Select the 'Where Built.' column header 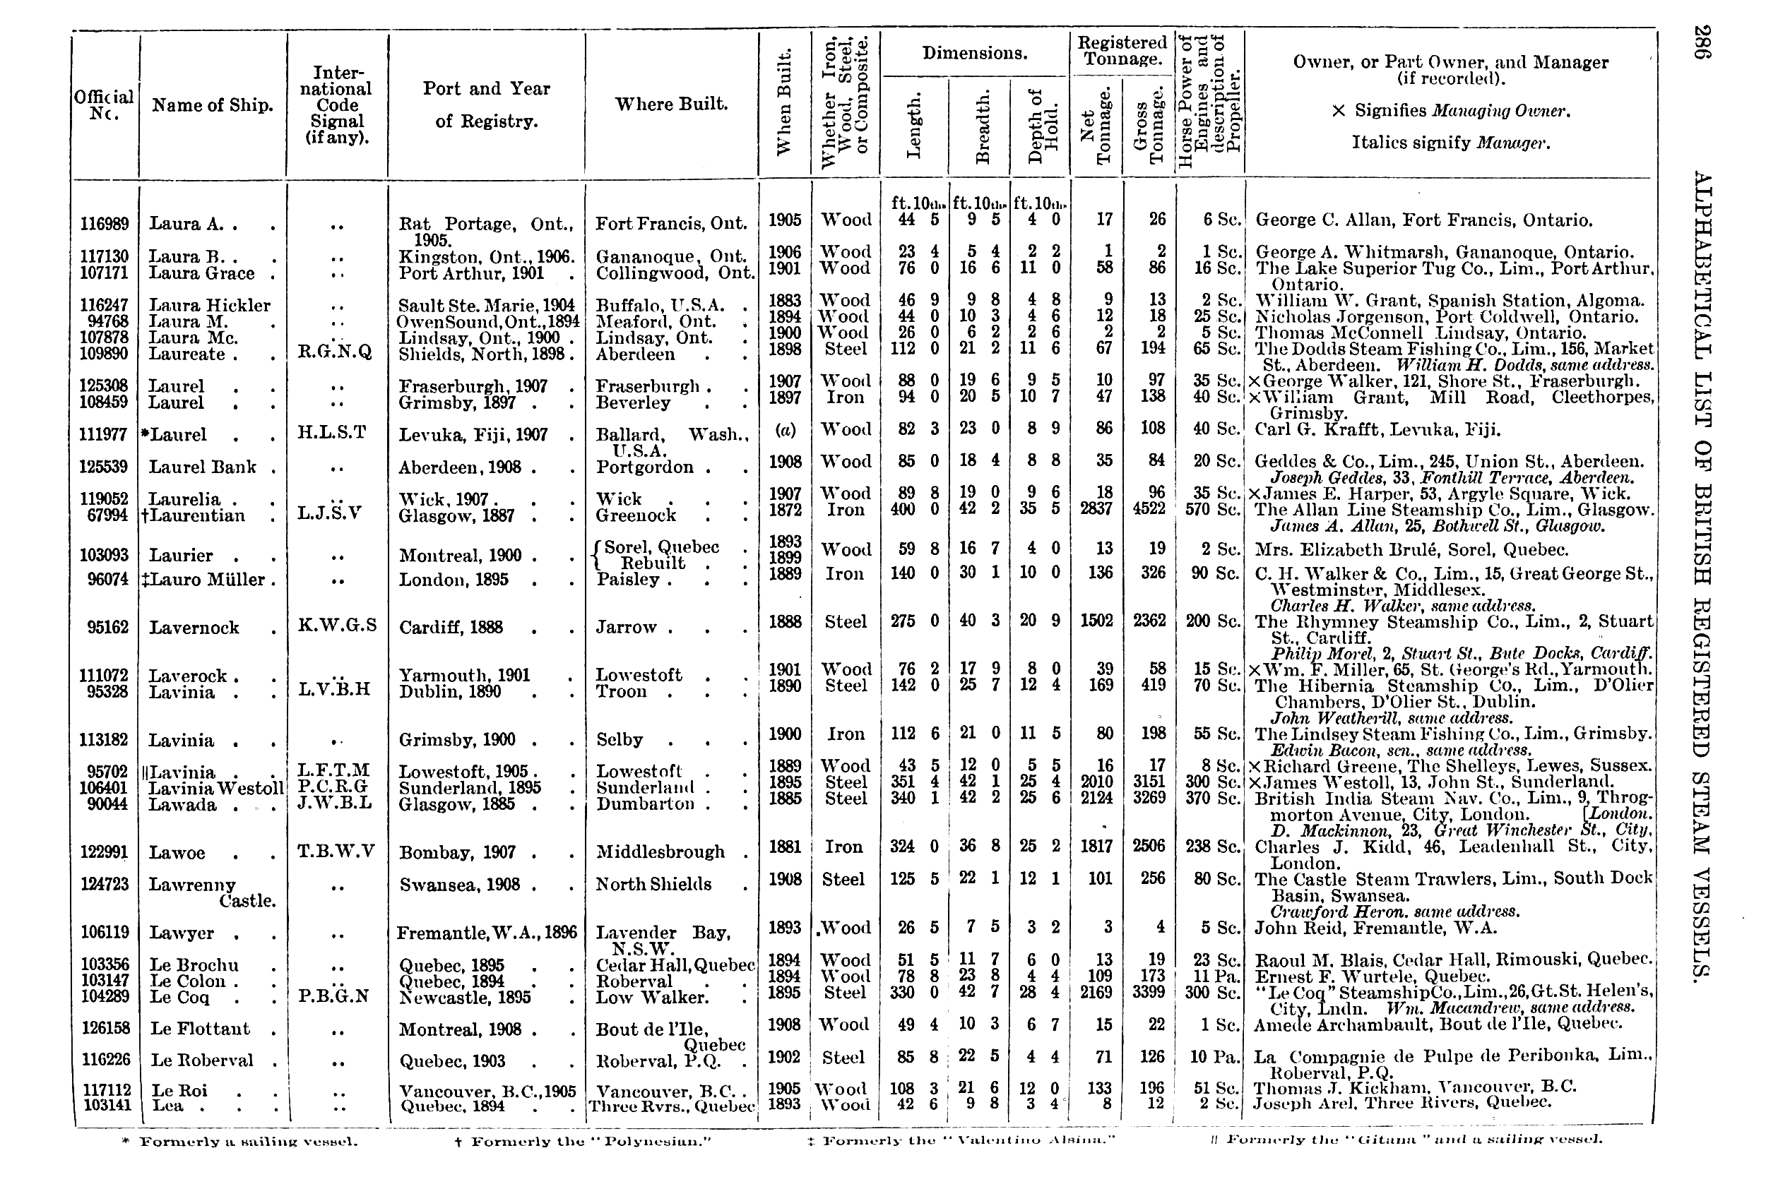coord(671,104)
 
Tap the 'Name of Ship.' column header coord(213,105)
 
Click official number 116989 coord(105,224)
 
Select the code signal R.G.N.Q coord(335,352)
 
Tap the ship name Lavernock coord(194,628)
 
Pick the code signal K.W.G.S coord(337,626)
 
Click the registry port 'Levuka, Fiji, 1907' coord(473,435)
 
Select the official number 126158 coord(105,1028)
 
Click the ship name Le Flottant coord(200,1028)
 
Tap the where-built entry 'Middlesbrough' coord(660,852)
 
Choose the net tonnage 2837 coord(1096,510)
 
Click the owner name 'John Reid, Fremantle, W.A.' coord(1376,928)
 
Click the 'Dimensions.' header coord(975,53)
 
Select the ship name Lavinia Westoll coord(216,788)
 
